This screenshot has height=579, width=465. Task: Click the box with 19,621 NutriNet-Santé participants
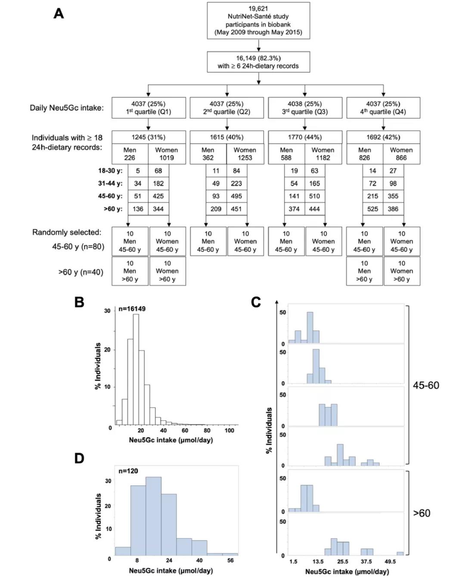point(258,20)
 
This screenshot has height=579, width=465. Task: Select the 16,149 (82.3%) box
point(258,62)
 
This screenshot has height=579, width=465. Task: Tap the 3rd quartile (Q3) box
point(305,108)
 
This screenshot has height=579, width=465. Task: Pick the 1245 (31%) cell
point(149,137)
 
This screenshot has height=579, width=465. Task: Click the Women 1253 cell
point(245,154)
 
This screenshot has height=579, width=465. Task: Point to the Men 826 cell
point(365,154)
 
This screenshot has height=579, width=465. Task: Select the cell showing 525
point(373,209)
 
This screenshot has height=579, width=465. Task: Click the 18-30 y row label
point(110,171)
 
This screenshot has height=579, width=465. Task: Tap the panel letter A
point(59,14)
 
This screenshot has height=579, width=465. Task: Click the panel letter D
point(79,458)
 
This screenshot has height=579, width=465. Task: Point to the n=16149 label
point(132,309)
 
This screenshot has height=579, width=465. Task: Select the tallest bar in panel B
point(136,369)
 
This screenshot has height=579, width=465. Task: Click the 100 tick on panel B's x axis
point(229,430)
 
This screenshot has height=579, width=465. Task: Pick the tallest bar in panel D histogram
point(154,516)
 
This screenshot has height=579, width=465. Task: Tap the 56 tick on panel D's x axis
point(230,560)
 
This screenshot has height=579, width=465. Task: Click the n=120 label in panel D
point(128,471)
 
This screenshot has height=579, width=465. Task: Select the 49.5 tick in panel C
point(390,561)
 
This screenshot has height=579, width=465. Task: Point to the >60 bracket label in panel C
point(422,513)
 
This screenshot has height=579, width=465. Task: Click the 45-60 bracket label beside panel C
point(426,385)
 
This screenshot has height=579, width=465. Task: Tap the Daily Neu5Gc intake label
point(67,108)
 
